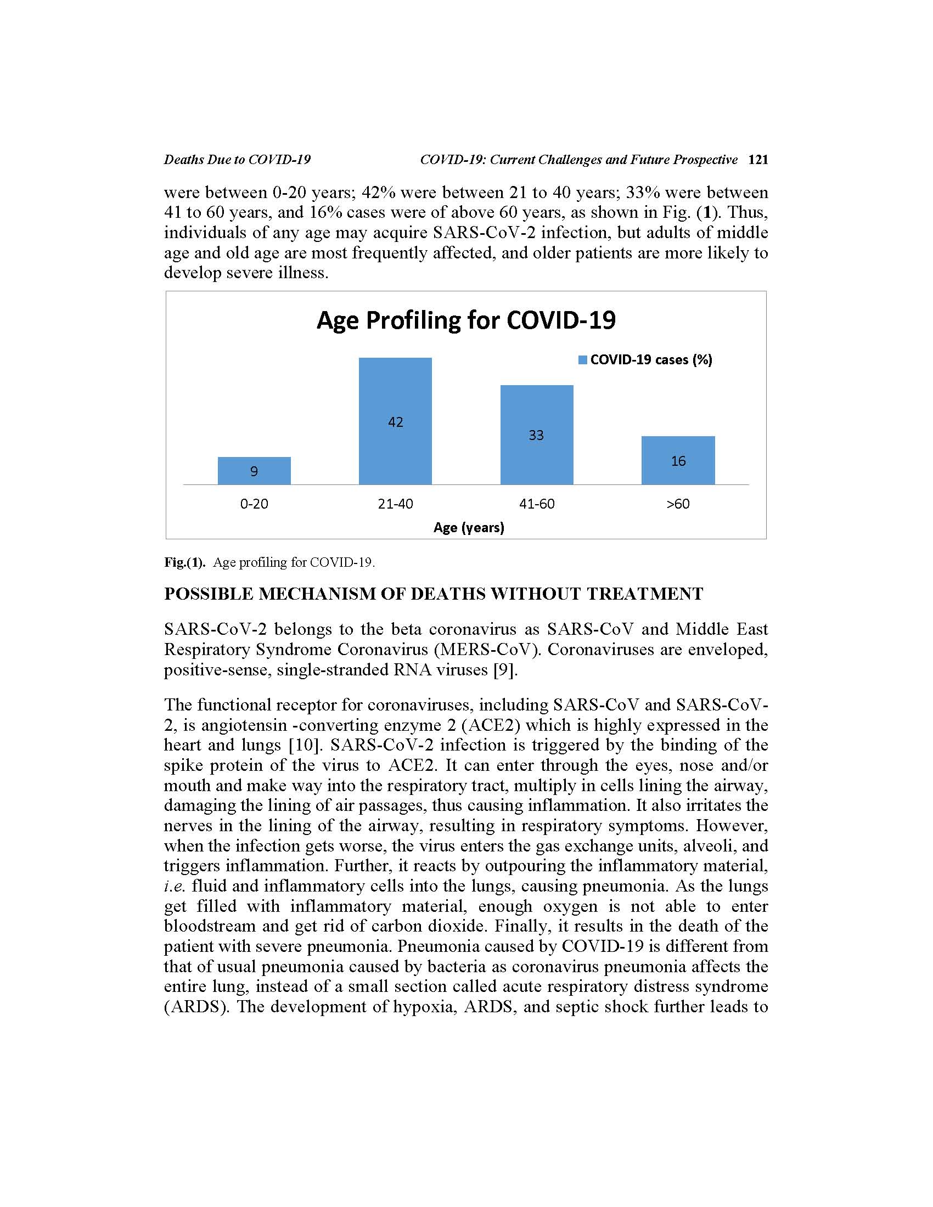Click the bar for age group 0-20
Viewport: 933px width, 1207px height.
pos(254,470)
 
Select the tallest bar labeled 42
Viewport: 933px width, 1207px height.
pos(395,421)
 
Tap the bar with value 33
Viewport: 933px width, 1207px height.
pos(536,435)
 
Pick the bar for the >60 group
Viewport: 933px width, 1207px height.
pos(678,460)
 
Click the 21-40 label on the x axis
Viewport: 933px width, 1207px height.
pos(395,504)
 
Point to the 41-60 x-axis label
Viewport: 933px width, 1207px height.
pos(536,504)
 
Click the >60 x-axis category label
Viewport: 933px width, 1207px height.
pos(678,504)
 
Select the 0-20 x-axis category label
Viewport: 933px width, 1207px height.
pos(254,504)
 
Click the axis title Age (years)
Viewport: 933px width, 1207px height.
pos(469,527)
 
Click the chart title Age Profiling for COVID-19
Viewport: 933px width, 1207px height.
pos(466,320)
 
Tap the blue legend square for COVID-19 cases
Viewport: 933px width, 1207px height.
pos(582,360)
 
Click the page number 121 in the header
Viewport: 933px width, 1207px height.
pos(758,160)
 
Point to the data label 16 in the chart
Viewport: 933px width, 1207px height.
pos(678,461)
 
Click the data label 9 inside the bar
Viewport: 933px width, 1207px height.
pos(254,471)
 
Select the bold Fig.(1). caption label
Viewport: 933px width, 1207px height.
pos(184,562)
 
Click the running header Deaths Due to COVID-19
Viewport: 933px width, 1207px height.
pos(237,160)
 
